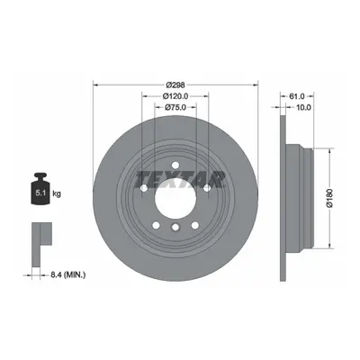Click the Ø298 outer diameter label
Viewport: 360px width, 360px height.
click(x=175, y=85)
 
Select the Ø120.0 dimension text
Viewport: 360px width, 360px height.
click(x=175, y=96)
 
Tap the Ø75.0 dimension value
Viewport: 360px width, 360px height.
click(x=175, y=107)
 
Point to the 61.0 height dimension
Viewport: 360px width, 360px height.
click(x=297, y=96)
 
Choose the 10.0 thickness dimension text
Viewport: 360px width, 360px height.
click(x=303, y=107)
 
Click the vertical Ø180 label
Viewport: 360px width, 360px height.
click(x=329, y=198)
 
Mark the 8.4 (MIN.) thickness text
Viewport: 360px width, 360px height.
click(x=67, y=274)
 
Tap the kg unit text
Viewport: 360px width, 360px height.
click(x=57, y=193)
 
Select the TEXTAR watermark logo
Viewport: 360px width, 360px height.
click(x=181, y=179)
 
